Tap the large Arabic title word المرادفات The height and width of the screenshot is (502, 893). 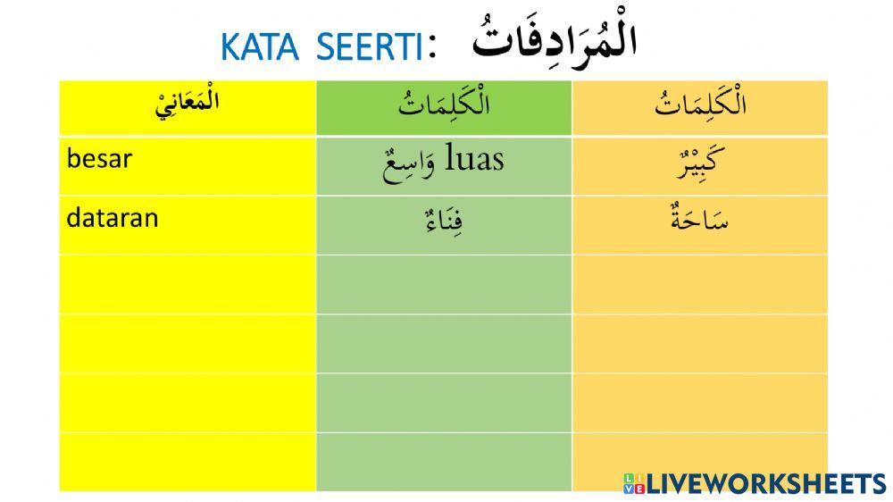point(553,40)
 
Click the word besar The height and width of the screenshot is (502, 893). point(99,159)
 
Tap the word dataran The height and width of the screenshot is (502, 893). point(112,217)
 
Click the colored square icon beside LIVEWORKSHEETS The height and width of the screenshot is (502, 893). point(633,483)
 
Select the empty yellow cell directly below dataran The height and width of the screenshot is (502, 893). point(188,283)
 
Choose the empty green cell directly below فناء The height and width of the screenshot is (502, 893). point(444,283)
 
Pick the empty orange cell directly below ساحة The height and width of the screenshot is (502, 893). point(700,283)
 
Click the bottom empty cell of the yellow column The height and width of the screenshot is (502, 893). point(188,461)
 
